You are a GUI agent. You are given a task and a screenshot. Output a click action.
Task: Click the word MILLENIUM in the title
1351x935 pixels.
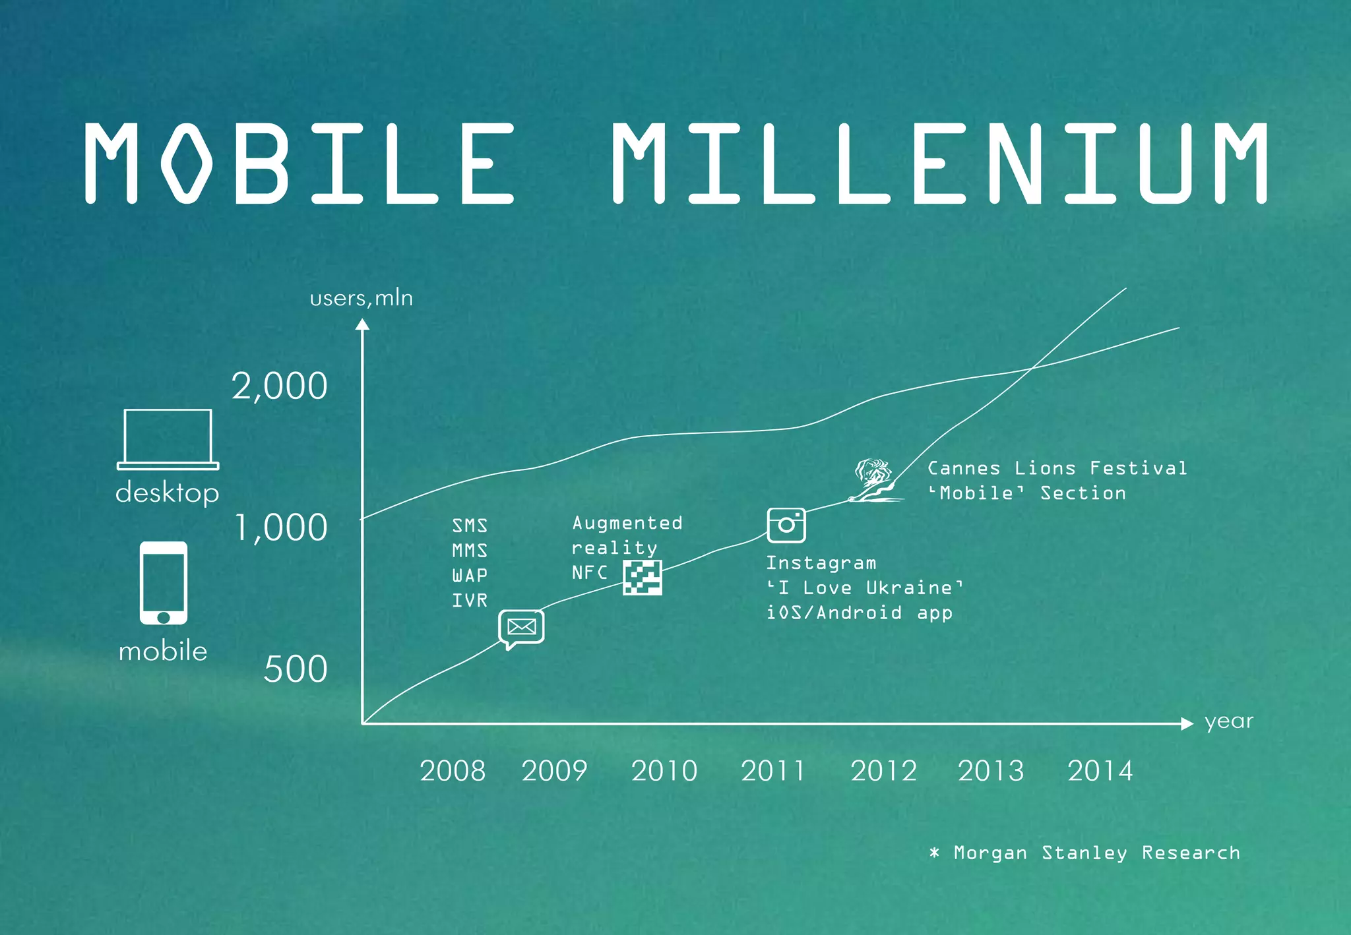point(939,163)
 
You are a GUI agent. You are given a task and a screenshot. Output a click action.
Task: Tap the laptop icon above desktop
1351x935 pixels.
point(168,439)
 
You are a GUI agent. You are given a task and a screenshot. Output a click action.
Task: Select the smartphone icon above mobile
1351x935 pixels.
point(164,583)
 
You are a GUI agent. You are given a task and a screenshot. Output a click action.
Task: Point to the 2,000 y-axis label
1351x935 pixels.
point(279,386)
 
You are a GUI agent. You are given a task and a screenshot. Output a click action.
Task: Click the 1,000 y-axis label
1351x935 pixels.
point(281,528)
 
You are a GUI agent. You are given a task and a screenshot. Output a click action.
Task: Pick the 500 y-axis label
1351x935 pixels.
point(295,669)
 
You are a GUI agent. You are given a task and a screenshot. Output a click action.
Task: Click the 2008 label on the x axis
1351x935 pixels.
point(453,771)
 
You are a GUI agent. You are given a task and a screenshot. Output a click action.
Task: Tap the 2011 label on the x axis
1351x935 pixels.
point(773,771)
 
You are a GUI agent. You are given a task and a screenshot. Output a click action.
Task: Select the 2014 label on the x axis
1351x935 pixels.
point(1100,771)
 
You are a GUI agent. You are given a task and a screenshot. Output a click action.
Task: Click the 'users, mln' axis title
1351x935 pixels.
point(361,299)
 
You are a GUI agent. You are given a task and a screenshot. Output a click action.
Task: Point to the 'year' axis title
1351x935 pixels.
point(1228,721)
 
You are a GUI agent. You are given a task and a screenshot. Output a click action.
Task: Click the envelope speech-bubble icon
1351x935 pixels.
point(521,628)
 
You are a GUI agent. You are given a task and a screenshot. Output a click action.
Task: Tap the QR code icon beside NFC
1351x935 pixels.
point(643,578)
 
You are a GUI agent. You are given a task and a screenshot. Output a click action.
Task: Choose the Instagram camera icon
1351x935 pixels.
point(786,525)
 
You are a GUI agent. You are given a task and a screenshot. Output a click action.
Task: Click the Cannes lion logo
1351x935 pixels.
point(873,481)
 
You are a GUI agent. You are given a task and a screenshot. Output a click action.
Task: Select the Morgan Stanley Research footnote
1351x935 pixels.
point(1085,853)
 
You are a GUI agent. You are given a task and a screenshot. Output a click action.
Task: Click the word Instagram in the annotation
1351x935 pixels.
point(821,564)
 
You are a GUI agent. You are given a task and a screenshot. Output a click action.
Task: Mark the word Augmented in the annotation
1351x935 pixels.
point(627,524)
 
